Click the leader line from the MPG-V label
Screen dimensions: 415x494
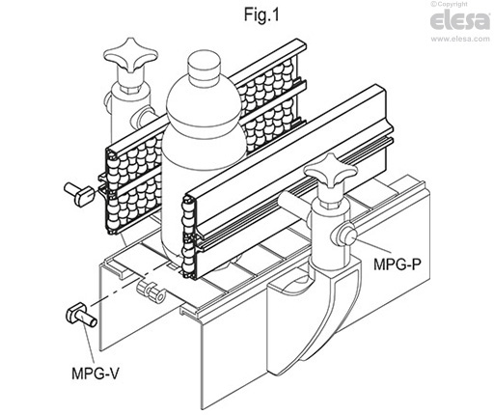[87, 342]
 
